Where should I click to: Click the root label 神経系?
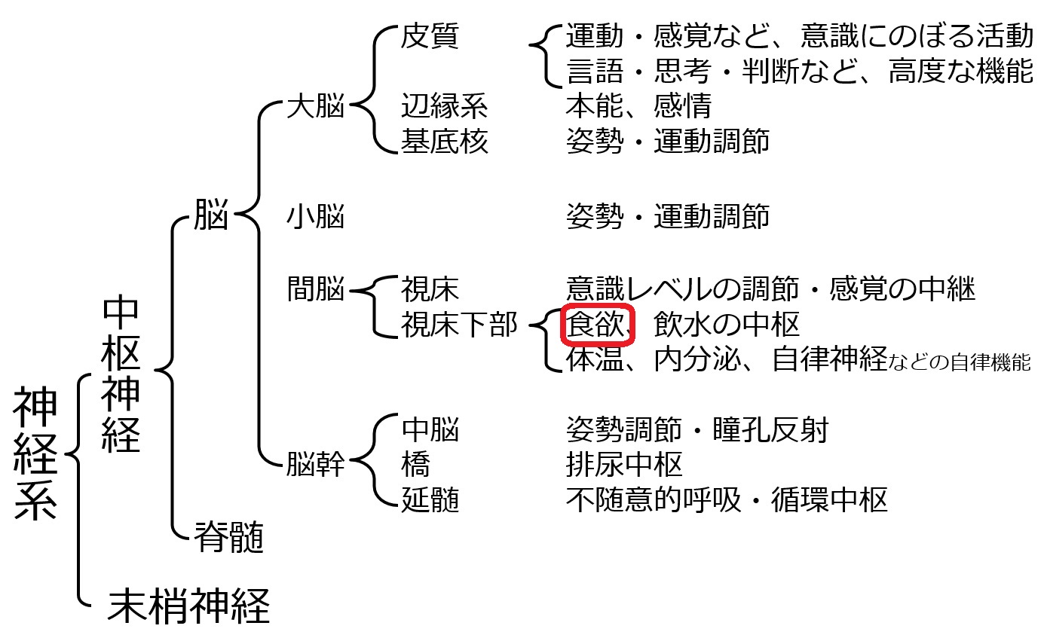(35, 453)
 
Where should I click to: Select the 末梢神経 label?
(188, 606)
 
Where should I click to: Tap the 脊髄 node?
(229, 537)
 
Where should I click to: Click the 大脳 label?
(316, 105)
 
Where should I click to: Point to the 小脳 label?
(316, 216)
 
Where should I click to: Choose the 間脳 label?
(316, 288)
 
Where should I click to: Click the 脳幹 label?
(316, 464)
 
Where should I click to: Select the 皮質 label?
(430, 35)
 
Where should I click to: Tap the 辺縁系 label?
(445, 105)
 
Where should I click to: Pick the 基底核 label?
(445, 141)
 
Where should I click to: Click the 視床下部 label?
(460, 325)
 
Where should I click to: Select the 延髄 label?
(430, 499)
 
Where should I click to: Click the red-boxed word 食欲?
(595, 324)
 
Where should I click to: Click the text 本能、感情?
(639, 105)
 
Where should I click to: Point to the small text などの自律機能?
(959, 362)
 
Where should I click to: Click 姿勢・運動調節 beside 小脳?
(668, 216)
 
